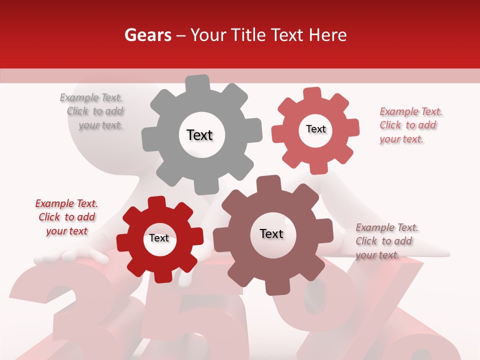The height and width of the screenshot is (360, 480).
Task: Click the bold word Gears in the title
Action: tap(147, 35)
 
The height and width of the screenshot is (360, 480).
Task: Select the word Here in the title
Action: tap(328, 35)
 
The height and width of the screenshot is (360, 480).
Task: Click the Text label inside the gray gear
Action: tap(199, 135)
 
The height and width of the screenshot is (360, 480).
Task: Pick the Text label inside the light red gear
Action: tap(315, 129)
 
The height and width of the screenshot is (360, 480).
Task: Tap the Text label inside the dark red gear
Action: tap(159, 238)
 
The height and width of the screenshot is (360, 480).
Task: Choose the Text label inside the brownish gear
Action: tap(271, 233)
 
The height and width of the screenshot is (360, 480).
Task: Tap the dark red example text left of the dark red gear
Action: tap(66, 217)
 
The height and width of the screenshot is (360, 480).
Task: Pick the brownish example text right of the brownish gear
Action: tap(386, 241)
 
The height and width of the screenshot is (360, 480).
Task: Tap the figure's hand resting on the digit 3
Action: tap(75, 256)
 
